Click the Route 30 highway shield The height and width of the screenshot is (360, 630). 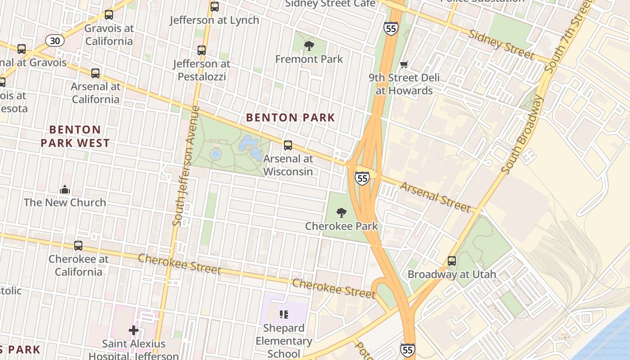[x=55, y=41]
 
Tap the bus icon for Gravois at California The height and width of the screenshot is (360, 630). [x=108, y=15]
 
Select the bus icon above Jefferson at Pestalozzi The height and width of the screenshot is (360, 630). [x=202, y=50]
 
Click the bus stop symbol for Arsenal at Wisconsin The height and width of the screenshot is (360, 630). [x=288, y=145]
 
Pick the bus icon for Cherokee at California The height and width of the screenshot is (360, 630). [x=78, y=246]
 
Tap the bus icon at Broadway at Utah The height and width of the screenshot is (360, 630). [x=452, y=261]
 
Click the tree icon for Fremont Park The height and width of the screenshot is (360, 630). [x=309, y=45]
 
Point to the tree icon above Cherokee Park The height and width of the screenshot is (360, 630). [x=342, y=212]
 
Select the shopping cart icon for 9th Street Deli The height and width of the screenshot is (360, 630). [x=404, y=64]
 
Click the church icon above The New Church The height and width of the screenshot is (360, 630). [x=65, y=189]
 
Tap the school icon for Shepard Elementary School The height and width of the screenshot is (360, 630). [x=283, y=314]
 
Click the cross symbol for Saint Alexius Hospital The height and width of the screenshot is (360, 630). [x=134, y=331]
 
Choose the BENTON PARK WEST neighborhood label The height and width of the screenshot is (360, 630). [x=75, y=136]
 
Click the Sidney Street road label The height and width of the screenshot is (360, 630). [x=501, y=45]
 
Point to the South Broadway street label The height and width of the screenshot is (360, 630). [x=522, y=135]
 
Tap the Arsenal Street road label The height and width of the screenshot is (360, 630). [x=435, y=197]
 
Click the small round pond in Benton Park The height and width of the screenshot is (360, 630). [x=216, y=154]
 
